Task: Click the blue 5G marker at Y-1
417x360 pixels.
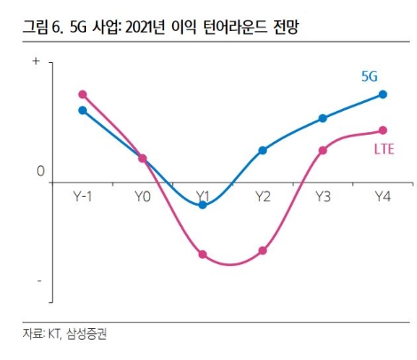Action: (x=83, y=110)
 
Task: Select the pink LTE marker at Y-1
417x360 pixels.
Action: (x=83, y=94)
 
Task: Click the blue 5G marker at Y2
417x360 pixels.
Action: (x=263, y=151)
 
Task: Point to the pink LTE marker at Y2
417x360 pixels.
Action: (x=263, y=251)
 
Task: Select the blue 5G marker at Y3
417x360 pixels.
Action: (x=323, y=118)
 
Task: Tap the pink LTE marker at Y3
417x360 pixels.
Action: (x=323, y=151)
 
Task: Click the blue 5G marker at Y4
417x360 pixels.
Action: (x=382, y=94)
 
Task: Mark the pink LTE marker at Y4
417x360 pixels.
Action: (x=382, y=130)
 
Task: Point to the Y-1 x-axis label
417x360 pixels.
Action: (x=83, y=195)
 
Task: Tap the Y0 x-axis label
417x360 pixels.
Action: (x=142, y=195)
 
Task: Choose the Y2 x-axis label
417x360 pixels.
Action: (x=263, y=195)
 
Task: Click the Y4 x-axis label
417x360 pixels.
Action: (x=382, y=195)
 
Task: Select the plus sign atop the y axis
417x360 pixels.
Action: (x=36, y=62)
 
